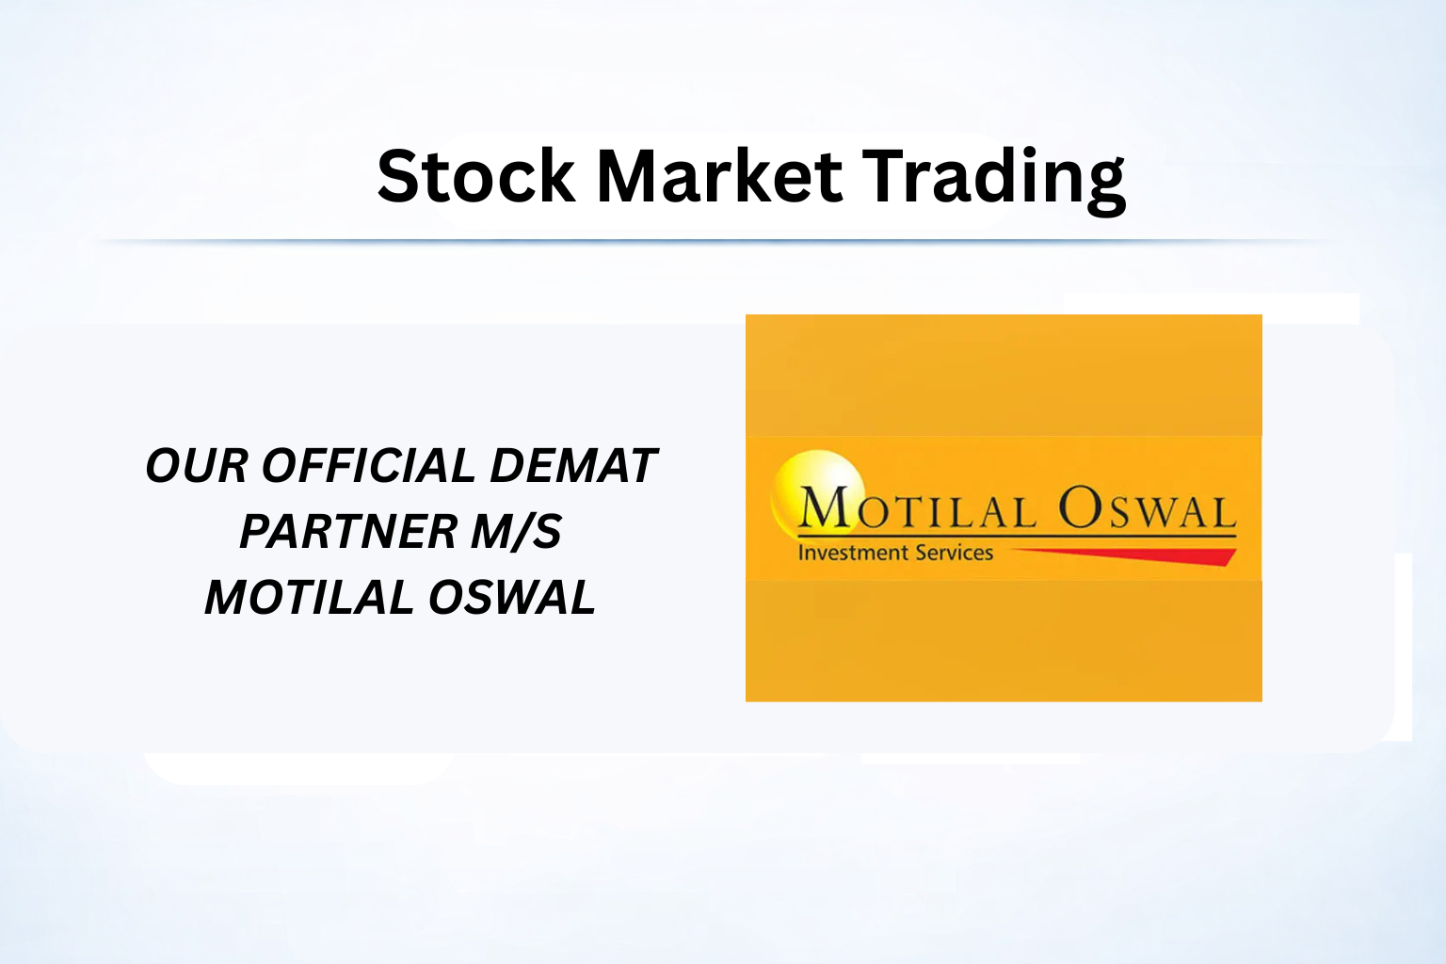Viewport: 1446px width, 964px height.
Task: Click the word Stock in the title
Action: [475, 176]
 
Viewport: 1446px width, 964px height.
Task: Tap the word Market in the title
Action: [720, 176]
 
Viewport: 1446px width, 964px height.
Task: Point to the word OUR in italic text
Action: [196, 466]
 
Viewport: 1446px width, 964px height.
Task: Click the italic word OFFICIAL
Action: [369, 466]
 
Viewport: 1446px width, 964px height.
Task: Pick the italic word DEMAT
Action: [573, 466]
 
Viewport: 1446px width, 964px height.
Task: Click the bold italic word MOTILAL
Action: [309, 597]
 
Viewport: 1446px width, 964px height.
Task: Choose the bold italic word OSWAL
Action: [512, 597]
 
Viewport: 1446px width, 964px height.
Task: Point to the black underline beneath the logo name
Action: [1018, 537]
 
